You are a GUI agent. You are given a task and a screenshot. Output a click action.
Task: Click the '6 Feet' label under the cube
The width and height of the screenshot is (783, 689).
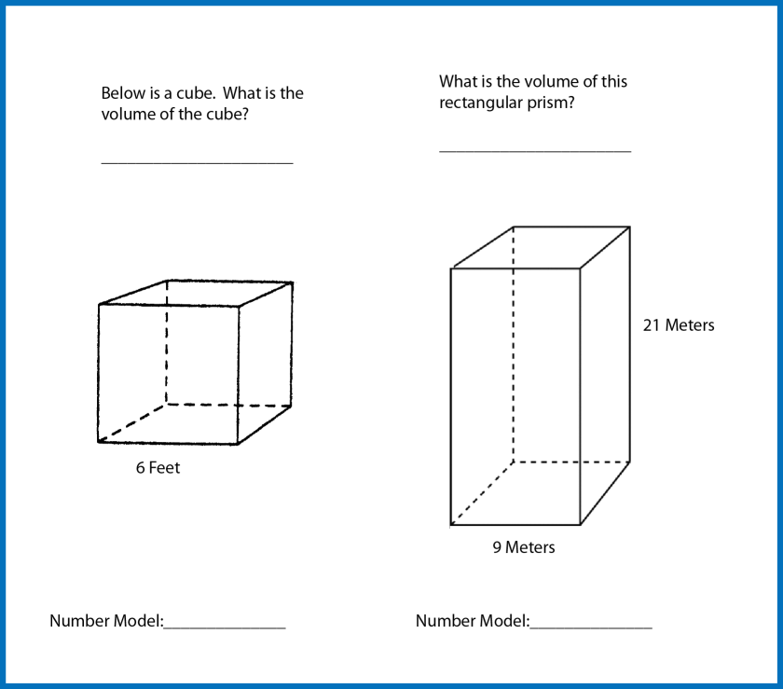point(158,468)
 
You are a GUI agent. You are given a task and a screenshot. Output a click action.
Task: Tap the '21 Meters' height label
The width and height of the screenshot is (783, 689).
point(679,325)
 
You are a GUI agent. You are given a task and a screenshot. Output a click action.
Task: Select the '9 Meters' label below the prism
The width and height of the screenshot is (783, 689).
point(524,547)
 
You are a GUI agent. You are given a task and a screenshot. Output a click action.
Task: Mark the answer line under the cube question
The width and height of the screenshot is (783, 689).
point(198,163)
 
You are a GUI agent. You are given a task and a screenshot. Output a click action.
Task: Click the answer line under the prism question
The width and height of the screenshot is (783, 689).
point(535,150)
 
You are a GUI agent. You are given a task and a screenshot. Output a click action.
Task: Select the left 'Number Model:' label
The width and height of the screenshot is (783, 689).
point(107,621)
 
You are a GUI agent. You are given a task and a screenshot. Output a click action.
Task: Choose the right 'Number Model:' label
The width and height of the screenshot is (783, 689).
point(473,621)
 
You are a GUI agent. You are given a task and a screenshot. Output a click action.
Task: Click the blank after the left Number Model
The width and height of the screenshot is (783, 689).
point(225,627)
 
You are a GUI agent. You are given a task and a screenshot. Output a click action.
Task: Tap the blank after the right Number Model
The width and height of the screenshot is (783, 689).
point(591,627)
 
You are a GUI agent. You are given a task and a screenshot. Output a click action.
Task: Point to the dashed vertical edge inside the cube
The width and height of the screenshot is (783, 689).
point(167,342)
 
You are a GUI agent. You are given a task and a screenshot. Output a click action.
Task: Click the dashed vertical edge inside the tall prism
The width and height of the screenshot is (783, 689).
point(514,345)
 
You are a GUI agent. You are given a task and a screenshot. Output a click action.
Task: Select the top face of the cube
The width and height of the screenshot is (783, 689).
point(196,294)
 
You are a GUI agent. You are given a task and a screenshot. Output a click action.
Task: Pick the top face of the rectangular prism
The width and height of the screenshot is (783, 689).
point(541,248)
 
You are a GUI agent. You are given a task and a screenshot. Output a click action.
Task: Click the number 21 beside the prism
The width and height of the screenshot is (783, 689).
point(652,325)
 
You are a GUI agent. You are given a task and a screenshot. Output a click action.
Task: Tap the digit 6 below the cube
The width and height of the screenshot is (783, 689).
point(141,468)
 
